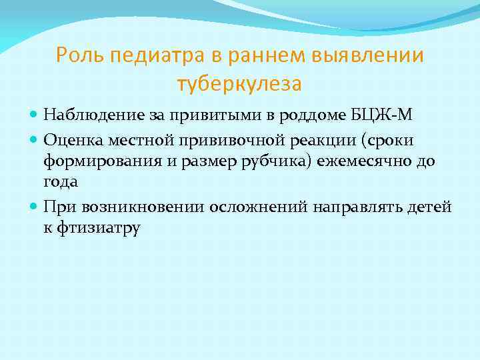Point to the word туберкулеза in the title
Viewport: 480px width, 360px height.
pyautogui.click(x=239, y=85)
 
